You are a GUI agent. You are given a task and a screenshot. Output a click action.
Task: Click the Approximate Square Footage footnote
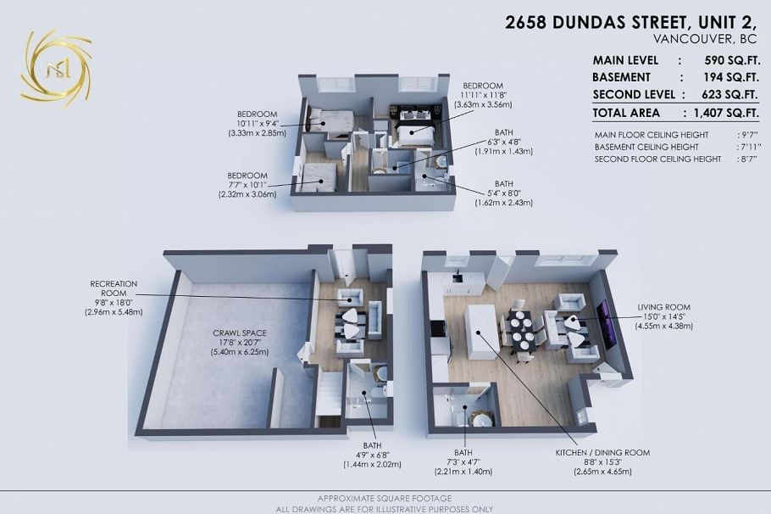pyautogui.click(x=384, y=498)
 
